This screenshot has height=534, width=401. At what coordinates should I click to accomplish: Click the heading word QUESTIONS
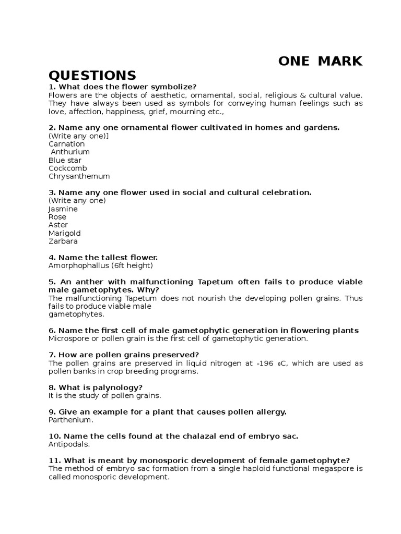point(92,75)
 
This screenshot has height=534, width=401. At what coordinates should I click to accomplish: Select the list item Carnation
point(66,144)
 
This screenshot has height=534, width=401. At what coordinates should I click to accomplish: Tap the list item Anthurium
point(70,152)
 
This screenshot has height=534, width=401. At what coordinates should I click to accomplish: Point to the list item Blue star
point(65,160)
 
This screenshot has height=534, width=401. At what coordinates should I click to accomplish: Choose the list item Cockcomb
point(67,168)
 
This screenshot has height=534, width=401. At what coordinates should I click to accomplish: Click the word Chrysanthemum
point(79,176)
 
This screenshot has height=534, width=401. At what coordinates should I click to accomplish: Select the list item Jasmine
point(63,209)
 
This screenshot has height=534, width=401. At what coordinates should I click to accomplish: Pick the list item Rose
point(57,217)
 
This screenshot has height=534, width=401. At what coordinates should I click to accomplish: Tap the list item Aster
point(58,225)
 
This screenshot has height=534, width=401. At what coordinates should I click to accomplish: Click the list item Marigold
point(64,233)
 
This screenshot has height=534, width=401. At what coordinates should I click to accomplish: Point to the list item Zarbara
point(63,241)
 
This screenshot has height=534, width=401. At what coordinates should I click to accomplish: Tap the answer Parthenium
point(70,420)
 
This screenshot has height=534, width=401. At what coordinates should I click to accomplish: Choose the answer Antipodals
point(69,444)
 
